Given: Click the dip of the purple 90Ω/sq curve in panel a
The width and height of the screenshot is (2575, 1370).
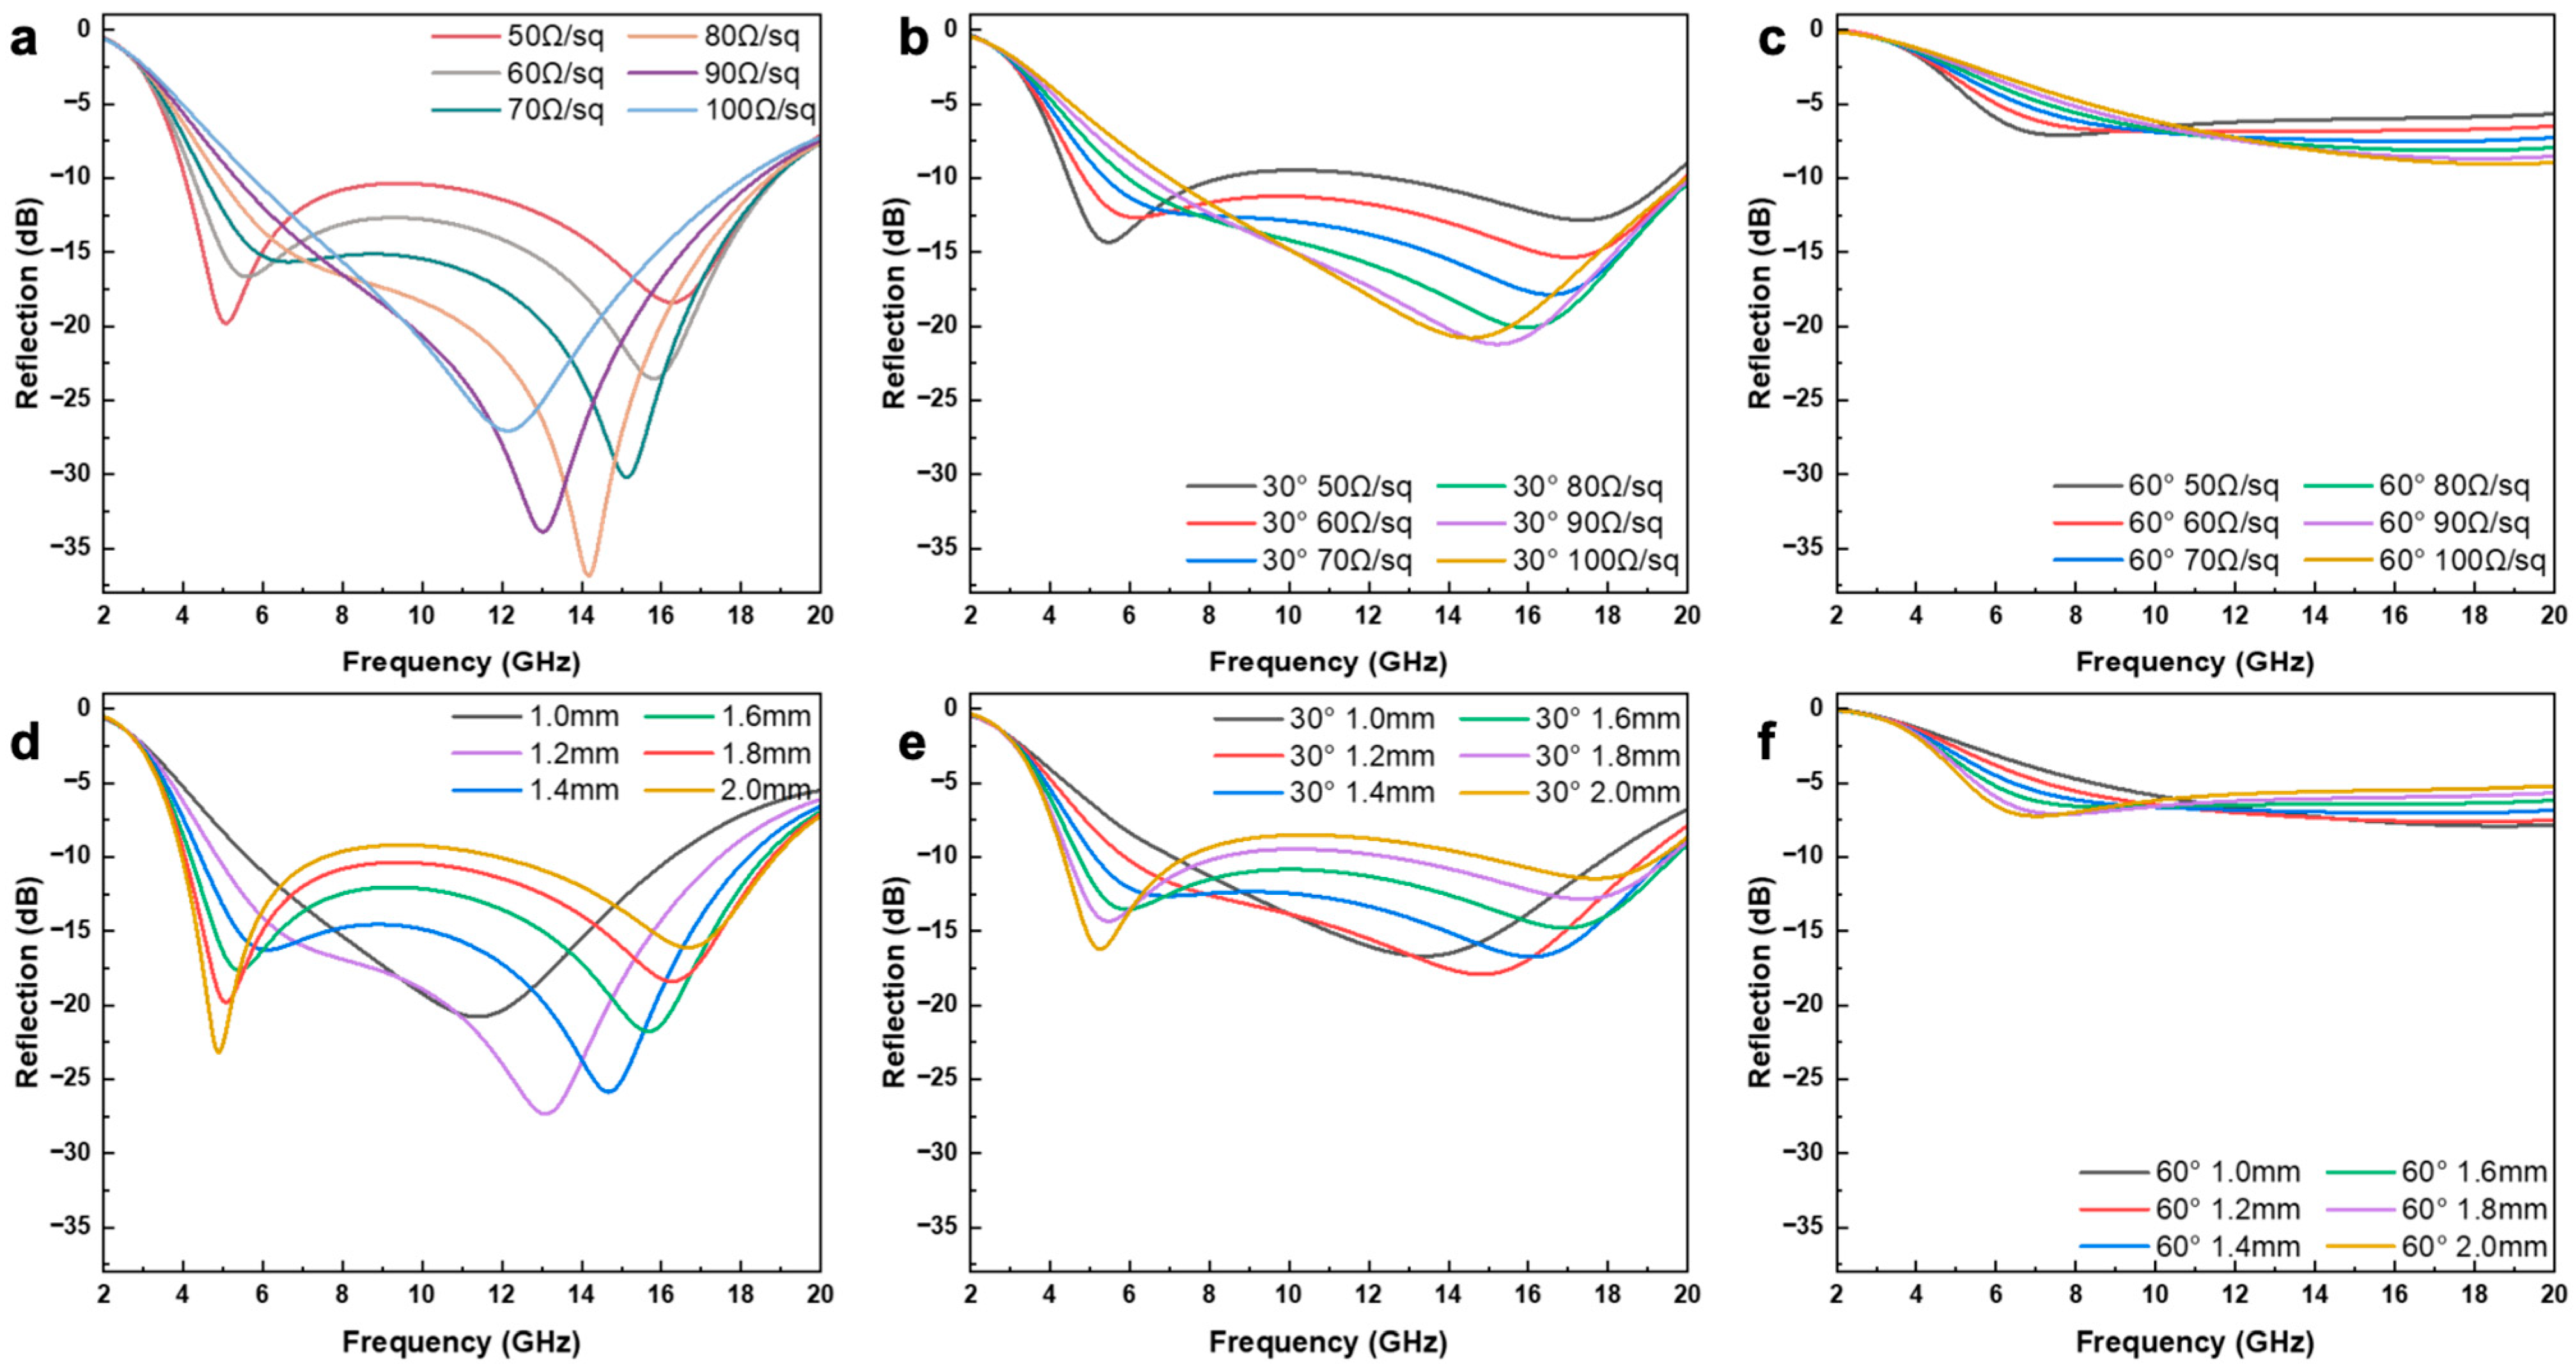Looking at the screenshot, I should [x=543, y=531].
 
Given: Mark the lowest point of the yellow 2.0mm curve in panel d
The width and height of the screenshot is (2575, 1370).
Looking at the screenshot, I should [x=218, y=1051].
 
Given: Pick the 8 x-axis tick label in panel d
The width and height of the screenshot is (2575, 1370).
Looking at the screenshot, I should [x=342, y=1294].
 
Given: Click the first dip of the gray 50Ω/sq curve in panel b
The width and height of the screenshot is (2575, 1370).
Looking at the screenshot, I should [x=1109, y=242].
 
